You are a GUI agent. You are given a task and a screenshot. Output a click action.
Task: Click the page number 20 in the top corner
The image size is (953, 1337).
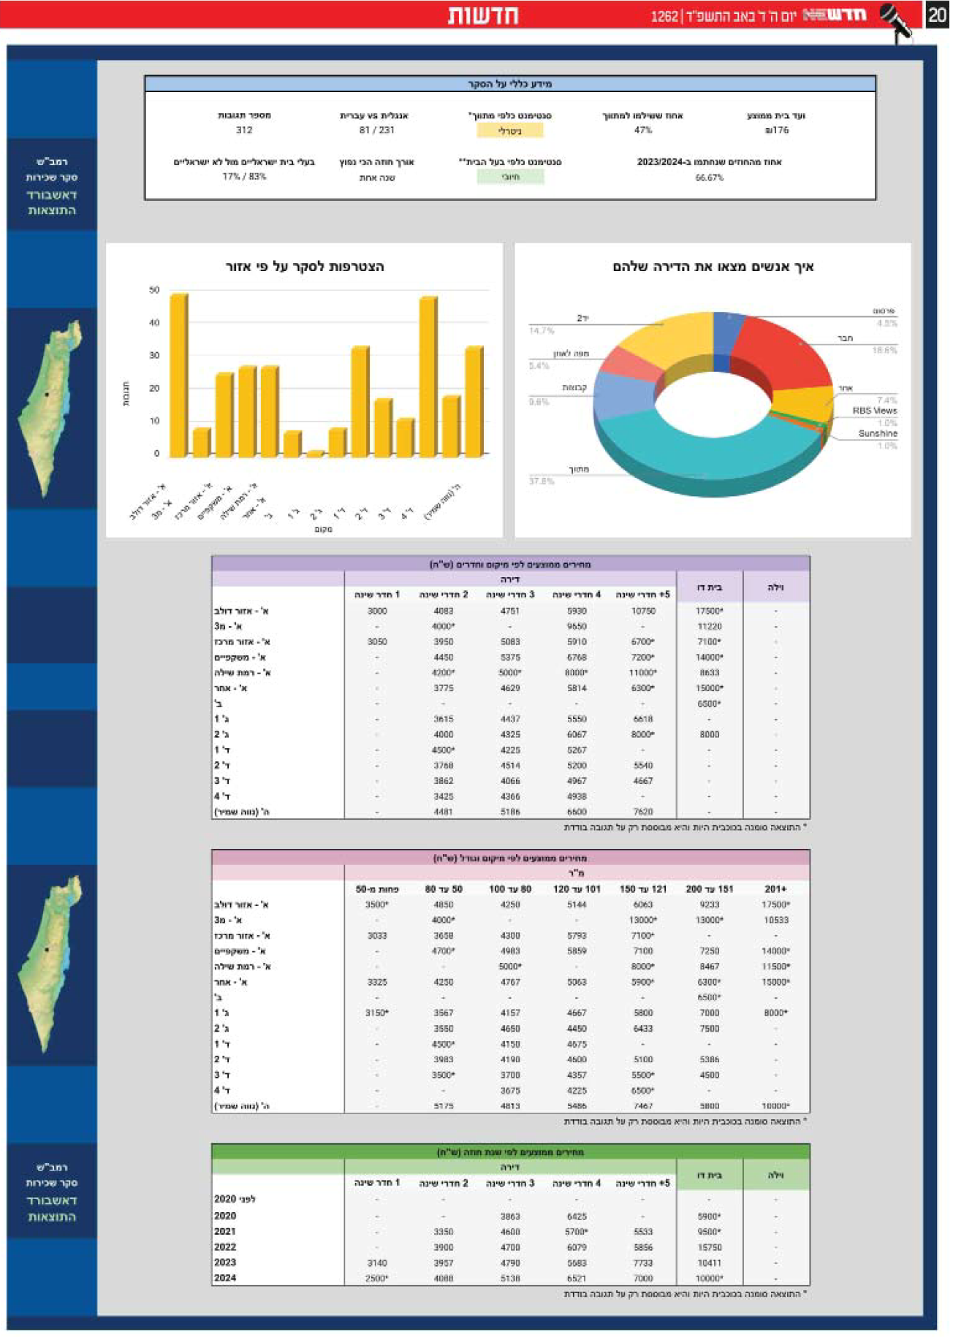point(937,15)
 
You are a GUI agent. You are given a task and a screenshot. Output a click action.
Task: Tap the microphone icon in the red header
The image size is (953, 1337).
point(897,20)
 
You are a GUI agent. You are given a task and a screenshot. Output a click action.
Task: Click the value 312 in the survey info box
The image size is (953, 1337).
point(244,130)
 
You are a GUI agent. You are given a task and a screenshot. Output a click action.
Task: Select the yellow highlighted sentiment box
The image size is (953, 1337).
point(510,131)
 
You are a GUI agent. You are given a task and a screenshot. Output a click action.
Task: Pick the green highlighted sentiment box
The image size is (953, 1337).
point(510,177)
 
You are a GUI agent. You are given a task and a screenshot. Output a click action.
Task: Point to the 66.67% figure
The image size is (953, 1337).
point(709,178)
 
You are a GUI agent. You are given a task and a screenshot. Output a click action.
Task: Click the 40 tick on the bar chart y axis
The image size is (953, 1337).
point(154,323)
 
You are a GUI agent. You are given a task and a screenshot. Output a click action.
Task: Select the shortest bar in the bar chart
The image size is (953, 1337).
point(315,454)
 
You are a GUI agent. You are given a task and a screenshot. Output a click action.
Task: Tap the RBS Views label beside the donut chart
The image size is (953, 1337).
point(874,411)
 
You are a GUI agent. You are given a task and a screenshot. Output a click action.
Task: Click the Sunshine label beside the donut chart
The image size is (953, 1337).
point(877,434)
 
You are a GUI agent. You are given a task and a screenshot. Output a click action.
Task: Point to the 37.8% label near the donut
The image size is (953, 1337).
point(542,481)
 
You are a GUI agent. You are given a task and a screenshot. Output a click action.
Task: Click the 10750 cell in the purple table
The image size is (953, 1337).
point(642,611)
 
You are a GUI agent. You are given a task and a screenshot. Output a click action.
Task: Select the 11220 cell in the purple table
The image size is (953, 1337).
point(709,626)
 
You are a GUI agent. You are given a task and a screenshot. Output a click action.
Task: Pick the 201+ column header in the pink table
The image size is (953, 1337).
point(775,889)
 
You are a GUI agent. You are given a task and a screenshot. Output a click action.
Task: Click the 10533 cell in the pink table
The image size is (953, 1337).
point(775,920)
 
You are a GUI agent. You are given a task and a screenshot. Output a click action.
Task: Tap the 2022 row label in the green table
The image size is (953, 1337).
point(225,1247)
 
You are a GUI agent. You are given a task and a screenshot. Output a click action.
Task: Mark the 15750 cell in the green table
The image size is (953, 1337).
point(709,1247)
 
